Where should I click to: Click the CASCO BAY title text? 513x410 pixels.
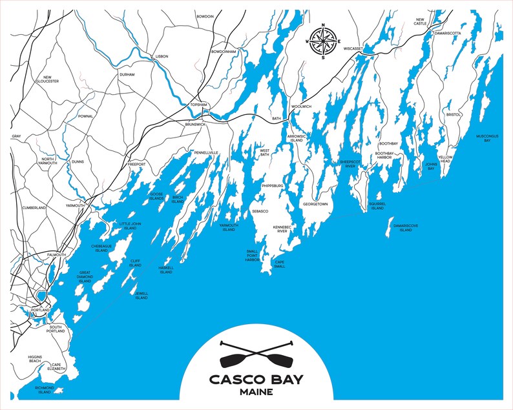[x=256, y=379]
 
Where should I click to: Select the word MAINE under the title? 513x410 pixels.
[x=256, y=392]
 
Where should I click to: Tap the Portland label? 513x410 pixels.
[x=40, y=311]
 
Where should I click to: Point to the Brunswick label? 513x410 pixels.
[x=194, y=124]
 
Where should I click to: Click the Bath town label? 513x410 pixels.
[x=277, y=119]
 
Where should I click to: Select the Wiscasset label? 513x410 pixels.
[x=353, y=48]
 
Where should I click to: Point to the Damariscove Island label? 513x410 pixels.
[x=405, y=228]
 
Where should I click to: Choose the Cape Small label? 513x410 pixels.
[x=280, y=264]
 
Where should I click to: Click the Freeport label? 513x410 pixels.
[x=136, y=165]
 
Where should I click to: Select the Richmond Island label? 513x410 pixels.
[x=44, y=389]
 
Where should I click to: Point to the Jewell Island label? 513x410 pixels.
[x=141, y=294]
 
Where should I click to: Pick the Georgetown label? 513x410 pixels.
[x=315, y=204]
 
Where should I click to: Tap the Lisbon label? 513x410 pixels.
[x=162, y=57]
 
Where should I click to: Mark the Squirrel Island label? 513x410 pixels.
[x=377, y=206]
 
